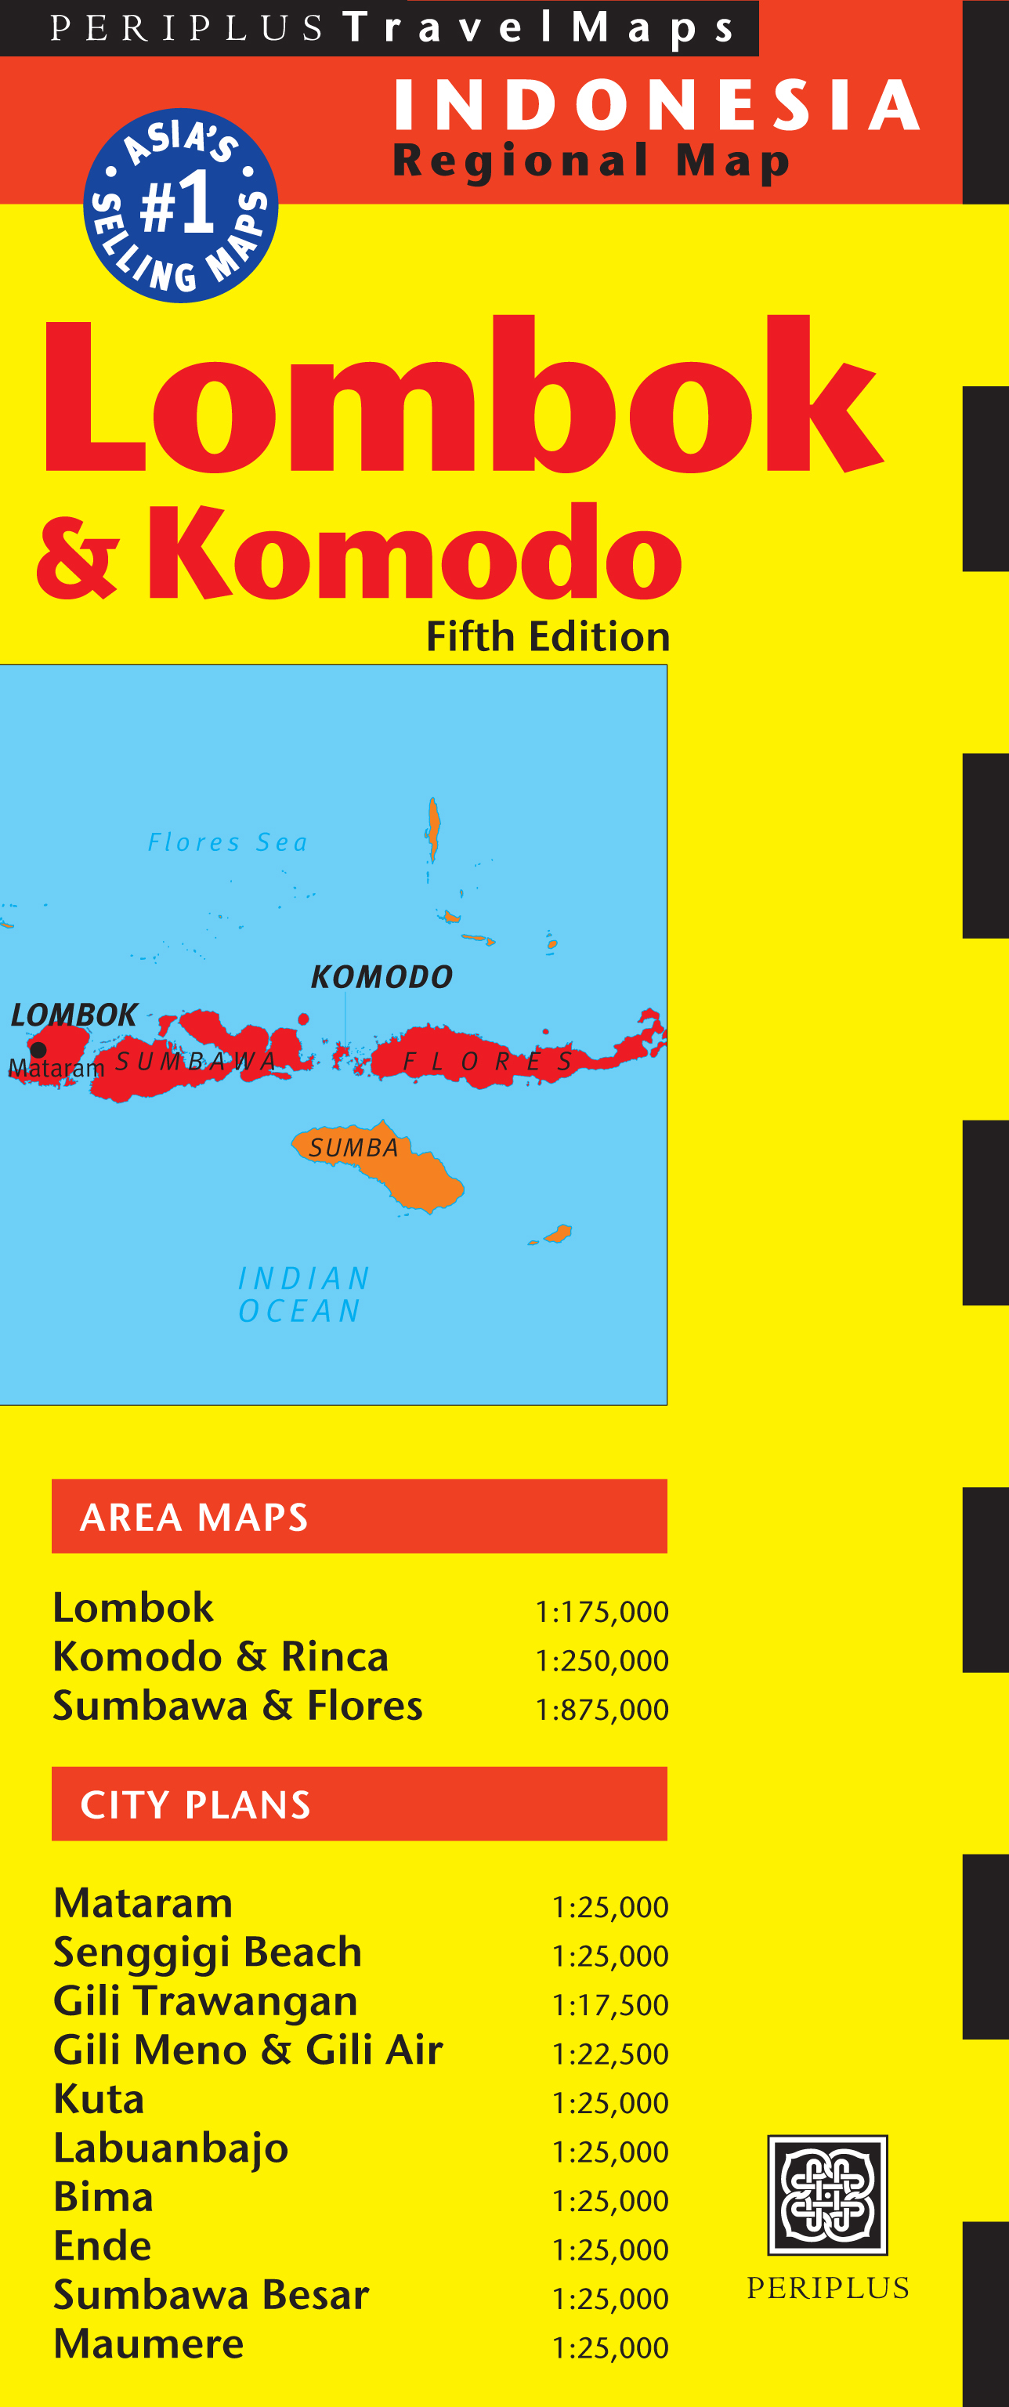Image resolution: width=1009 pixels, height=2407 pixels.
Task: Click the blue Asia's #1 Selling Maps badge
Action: (x=180, y=205)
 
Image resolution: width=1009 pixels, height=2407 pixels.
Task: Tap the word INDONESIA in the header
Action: (x=656, y=105)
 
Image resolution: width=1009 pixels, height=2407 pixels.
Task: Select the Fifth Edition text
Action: (x=548, y=637)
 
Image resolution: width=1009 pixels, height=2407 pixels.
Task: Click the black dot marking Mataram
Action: (x=38, y=1049)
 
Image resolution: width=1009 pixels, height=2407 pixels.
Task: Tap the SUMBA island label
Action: (x=354, y=1147)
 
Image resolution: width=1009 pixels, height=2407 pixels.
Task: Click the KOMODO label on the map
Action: (x=382, y=977)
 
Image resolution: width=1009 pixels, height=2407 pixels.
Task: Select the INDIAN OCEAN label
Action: (x=302, y=1294)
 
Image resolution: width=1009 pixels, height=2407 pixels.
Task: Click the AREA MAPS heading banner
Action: (x=359, y=1515)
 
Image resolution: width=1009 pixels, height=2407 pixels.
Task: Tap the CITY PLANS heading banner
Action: (x=359, y=1804)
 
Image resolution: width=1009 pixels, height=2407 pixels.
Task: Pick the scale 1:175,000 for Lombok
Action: (x=601, y=1612)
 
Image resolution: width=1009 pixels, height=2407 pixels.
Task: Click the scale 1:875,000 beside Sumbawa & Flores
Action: (x=601, y=1710)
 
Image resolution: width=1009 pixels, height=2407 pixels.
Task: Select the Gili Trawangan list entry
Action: (x=205, y=2001)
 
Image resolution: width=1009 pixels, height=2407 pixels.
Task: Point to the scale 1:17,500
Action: (x=609, y=2005)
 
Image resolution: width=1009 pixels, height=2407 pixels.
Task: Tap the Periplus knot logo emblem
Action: (x=826, y=2195)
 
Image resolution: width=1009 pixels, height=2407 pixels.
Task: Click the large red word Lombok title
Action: (x=461, y=397)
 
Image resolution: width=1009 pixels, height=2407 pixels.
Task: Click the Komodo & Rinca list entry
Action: (x=220, y=1656)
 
